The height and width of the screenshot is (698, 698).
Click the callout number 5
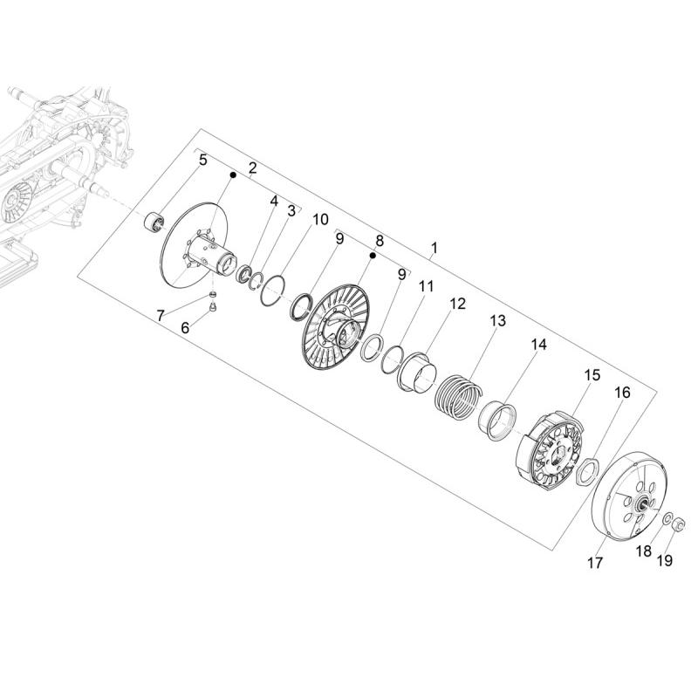point(203,161)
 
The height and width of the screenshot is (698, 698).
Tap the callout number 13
point(498,320)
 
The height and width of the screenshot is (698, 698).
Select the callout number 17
point(595,563)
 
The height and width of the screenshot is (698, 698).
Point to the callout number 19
point(665,560)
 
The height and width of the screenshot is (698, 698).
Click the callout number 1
point(435,248)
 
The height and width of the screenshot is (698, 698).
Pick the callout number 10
point(320,220)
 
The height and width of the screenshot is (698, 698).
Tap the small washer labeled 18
point(667,518)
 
